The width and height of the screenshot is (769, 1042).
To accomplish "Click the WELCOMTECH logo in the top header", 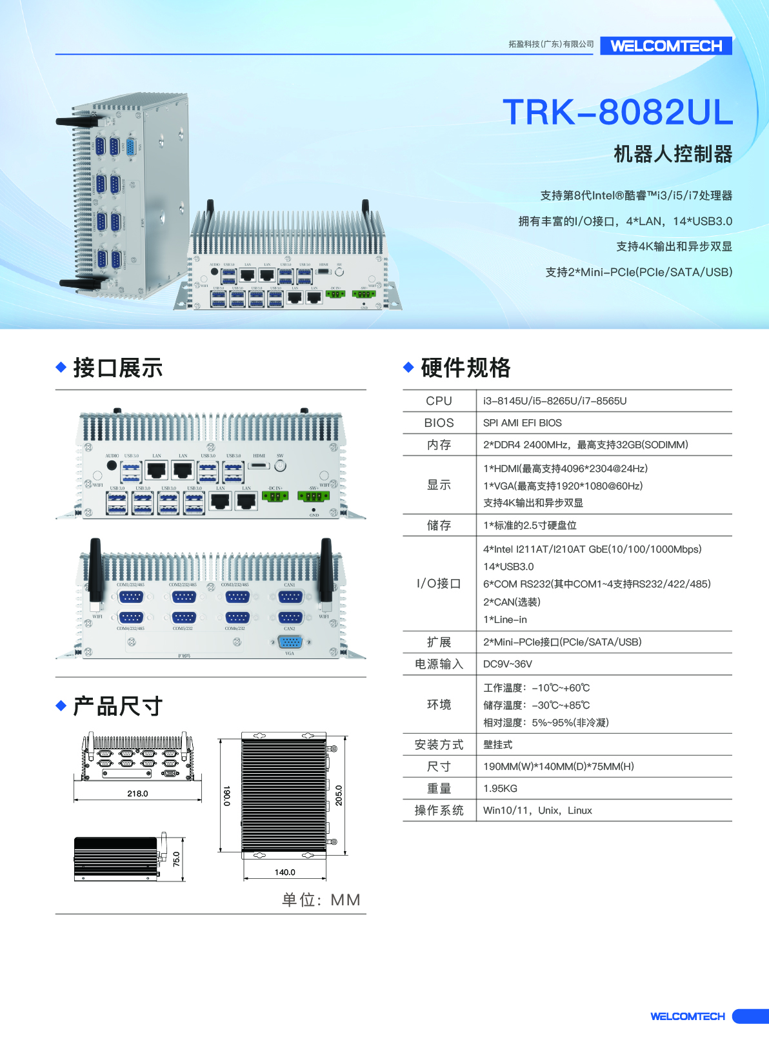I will (x=666, y=46).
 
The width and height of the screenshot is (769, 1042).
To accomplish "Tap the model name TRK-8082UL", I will (x=617, y=112).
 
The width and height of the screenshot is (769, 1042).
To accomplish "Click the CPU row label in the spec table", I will (x=439, y=401).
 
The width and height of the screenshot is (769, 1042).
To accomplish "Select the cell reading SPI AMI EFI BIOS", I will (x=522, y=423).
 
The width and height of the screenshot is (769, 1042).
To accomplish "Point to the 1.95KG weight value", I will (x=500, y=789).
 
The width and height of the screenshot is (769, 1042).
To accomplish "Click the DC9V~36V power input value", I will (x=508, y=664).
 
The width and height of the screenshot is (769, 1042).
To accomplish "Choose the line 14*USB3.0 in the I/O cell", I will (x=508, y=567).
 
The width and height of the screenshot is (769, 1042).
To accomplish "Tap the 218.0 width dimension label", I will (x=137, y=794).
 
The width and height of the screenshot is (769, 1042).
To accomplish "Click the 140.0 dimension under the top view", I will (x=285, y=872).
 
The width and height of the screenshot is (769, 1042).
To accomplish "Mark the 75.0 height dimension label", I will (x=177, y=859).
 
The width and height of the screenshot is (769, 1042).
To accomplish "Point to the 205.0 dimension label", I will (x=339, y=795).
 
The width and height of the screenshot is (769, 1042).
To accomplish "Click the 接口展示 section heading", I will (x=117, y=368).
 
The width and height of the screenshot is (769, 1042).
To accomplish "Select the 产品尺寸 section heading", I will (x=117, y=706).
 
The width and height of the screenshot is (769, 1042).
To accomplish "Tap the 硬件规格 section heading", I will (x=465, y=368).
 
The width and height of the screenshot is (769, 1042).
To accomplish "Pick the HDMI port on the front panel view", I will (x=259, y=466).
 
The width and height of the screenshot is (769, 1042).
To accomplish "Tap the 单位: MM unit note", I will (x=321, y=900).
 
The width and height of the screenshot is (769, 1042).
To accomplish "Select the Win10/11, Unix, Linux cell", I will (x=537, y=811).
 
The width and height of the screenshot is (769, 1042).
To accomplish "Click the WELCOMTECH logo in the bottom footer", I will (x=687, y=1017).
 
